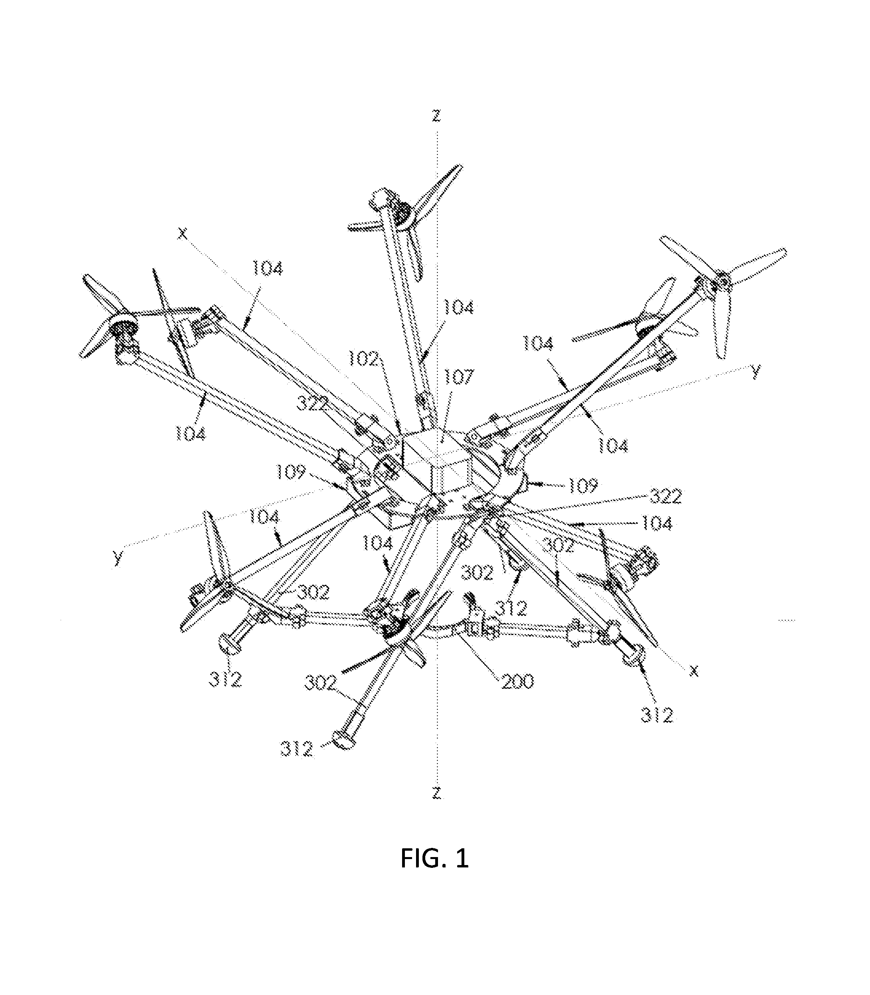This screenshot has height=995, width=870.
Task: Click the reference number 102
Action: (363, 359)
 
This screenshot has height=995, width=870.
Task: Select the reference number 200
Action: (517, 681)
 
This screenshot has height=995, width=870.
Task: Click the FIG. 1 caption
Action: (434, 858)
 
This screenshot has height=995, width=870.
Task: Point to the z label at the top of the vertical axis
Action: (437, 116)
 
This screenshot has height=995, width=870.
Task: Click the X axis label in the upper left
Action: (182, 234)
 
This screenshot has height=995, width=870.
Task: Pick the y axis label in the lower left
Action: (118, 558)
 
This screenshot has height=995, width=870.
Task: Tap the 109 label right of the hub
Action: (582, 485)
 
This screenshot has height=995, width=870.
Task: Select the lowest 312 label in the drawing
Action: (297, 749)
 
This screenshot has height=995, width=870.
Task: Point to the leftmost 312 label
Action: (226, 680)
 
